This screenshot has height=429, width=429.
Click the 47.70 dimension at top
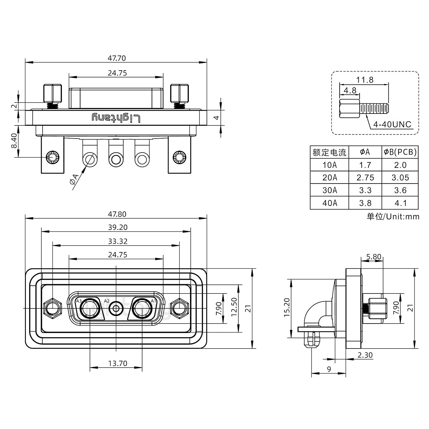pos(116,58)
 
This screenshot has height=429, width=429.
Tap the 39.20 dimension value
pos(118,227)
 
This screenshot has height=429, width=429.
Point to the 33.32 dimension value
pos(118,241)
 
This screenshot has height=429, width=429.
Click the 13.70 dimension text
pos(117,363)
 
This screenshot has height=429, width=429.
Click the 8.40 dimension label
pos(14,142)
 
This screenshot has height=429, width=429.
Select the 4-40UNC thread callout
pos(392,125)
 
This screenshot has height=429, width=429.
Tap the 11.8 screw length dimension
pos(364,80)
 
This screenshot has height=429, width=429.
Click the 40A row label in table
pos(329,203)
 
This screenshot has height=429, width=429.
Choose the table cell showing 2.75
pos(365,178)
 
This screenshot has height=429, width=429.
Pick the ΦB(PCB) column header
pos(400,152)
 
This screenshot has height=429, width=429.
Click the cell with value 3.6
pos(400,190)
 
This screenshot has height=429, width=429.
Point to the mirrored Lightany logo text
pos(116,118)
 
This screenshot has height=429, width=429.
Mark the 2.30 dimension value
pos(365,355)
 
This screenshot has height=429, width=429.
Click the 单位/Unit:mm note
pos(393,217)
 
